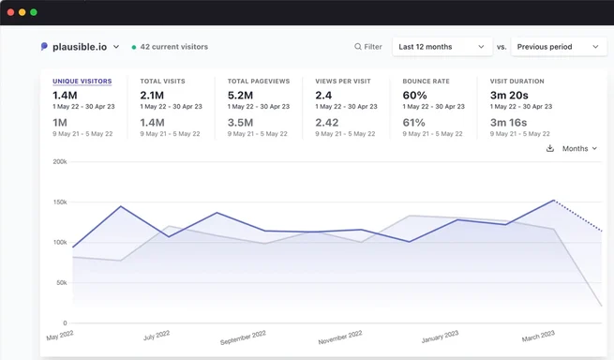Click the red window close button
[11, 12]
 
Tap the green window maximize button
[34, 12]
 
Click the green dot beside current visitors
[134, 47]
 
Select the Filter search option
[368, 47]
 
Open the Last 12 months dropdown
[442, 47]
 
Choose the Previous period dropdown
[559, 47]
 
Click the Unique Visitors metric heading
[82, 81]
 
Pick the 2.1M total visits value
[152, 96]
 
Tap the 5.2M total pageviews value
[240, 96]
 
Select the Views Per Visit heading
[343, 81]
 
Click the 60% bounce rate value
[414, 96]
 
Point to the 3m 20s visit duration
[509, 96]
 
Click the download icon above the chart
[550, 148]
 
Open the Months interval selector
[579, 148]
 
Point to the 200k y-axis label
[60, 161]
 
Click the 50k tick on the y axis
[62, 282]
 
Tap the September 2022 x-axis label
[243, 337]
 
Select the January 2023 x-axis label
[440, 337]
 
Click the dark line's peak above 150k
[554, 201]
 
